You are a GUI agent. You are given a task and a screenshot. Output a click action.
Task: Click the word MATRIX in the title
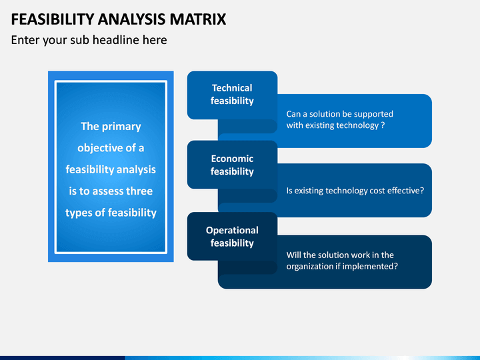click(198, 19)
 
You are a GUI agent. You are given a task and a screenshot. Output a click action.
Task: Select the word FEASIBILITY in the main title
click(53, 19)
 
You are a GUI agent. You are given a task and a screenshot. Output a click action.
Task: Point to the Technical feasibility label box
click(233, 95)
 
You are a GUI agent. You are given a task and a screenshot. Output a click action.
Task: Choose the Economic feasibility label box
click(233, 165)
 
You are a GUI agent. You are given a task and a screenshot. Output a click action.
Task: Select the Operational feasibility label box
click(233, 236)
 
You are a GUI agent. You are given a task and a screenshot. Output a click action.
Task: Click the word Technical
click(232, 88)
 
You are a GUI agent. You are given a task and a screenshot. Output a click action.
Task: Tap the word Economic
click(232, 159)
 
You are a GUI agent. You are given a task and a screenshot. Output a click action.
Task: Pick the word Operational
click(232, 231)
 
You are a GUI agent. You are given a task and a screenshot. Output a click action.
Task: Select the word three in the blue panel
click(139, 191)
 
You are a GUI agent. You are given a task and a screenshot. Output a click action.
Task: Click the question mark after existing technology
click(383, 125)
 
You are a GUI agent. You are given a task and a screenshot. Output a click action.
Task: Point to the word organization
click(310, 267)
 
